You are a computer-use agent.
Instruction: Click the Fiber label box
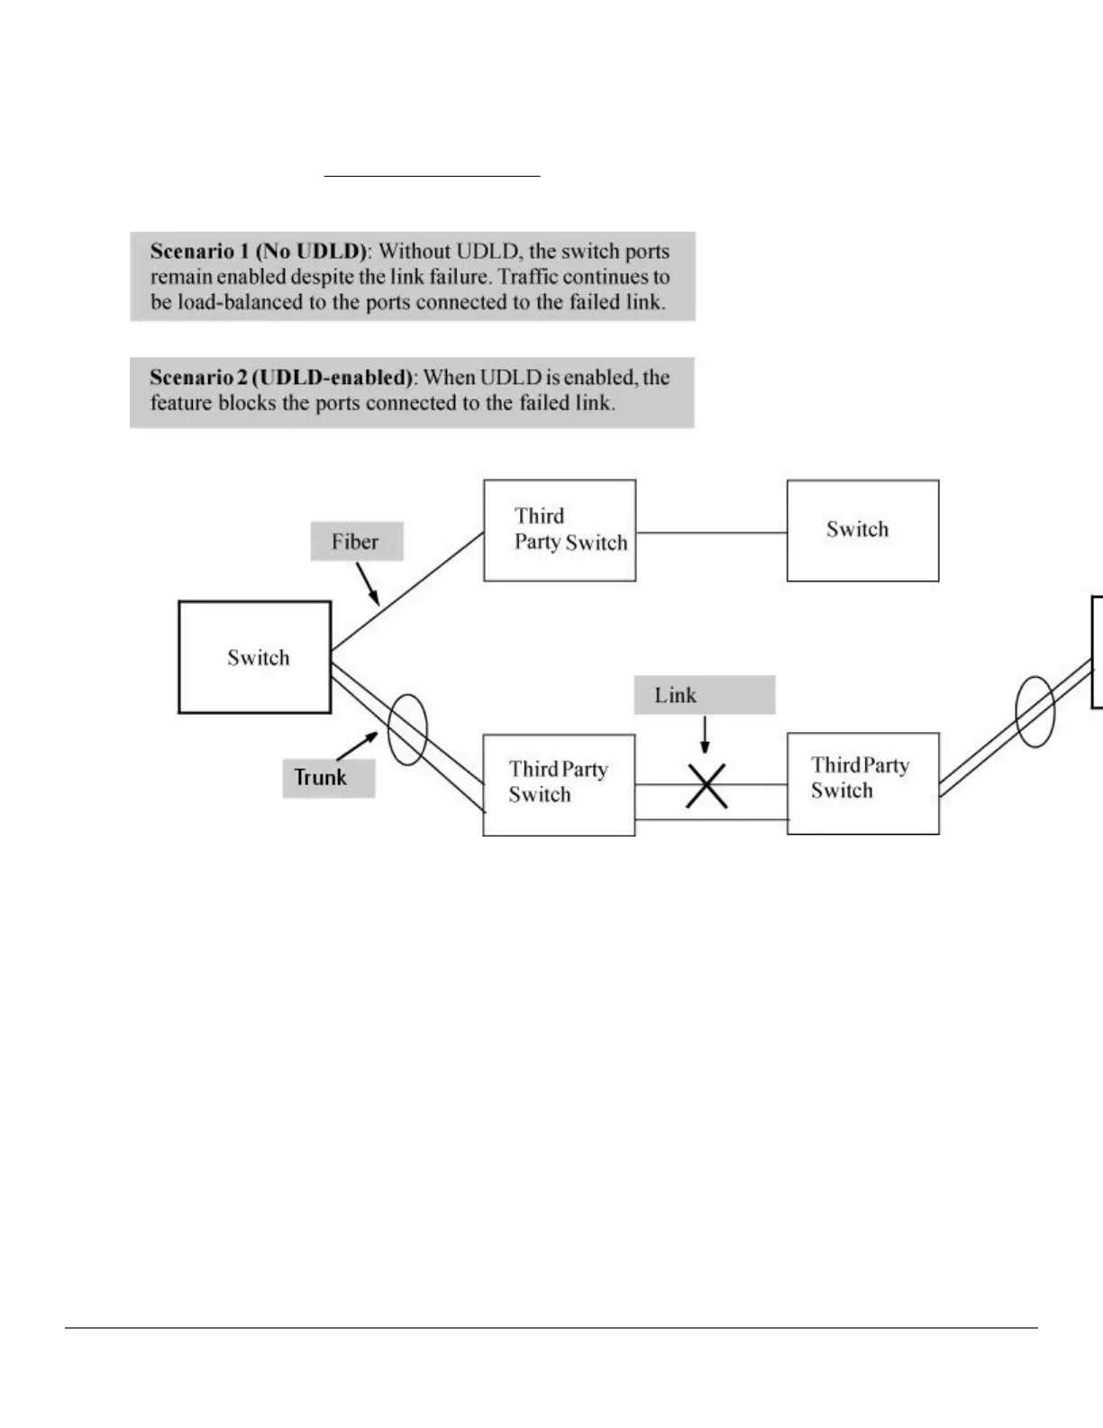[356, 542]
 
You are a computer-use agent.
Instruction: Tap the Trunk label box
[328, 777]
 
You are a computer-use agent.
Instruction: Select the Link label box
[704, 695]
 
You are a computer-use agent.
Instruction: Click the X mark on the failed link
[706, 786]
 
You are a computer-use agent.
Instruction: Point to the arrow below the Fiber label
[369, 584]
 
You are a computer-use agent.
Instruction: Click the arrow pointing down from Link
[705, 735]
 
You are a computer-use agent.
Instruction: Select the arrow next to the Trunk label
[358, 745]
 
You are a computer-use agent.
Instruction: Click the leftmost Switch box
[255, 657]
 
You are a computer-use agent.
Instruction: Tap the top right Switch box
[862, 530]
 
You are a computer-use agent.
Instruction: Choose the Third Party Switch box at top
[560, 530]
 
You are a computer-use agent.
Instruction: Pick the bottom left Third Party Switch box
[559, 784]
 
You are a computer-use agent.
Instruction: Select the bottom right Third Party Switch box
[862, 783]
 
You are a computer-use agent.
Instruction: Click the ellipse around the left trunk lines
[407, 729]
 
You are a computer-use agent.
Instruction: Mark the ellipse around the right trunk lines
[1035, 711]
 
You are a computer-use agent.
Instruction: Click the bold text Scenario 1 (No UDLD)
[260, 252]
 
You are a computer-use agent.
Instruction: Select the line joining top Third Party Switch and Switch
[711, 533]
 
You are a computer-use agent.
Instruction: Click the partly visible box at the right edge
[1097, 652]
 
